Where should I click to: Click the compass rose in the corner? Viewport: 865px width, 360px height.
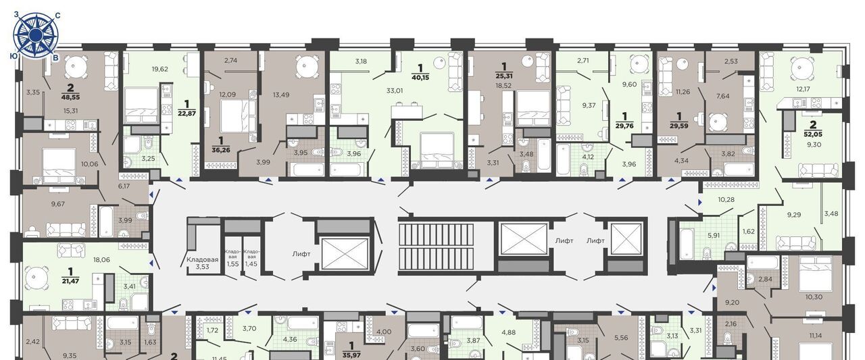(x=35, y=34)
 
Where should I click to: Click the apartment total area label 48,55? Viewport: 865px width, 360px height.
(x=70, y=97)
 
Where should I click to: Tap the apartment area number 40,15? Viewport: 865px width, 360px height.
(x=420, y=77)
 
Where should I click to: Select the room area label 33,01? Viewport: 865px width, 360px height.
(x=395, y=91)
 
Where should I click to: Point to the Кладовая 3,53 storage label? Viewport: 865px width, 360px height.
(x=202, y=263)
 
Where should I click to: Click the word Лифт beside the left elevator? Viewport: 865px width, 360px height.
(x=301, y=254)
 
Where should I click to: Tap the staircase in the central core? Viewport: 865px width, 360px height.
(x=437, y=247)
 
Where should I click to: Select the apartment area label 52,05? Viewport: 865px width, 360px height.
(x=813, y=134)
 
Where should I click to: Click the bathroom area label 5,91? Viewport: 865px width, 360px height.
(x=714, y=235)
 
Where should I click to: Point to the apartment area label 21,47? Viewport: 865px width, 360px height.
(x=70, y=281)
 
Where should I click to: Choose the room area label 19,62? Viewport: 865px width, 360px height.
(x=160, y=69)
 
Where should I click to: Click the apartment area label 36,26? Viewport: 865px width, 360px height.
(x=221, y=150)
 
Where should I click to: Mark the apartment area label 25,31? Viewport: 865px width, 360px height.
(x=504, y=76)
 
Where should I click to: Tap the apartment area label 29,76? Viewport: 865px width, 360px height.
(x=624, y=126)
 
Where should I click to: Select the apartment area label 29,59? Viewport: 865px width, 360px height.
(x=679, y=126)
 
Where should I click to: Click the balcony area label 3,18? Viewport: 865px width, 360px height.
(x=361, y=61)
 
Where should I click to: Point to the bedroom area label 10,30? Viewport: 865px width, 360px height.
(x=814, y=297)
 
